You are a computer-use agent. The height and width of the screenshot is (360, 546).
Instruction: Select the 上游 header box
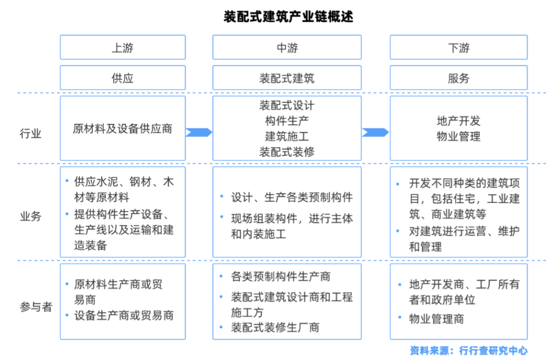pyautogui.click(x=122, y=48)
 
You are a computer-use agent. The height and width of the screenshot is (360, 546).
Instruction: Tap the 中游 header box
pyautogui.click(x=287, y=48)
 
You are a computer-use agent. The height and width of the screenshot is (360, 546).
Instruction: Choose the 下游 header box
pyautogui.click(x=458, y=48)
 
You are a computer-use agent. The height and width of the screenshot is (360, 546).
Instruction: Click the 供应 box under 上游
pyautogui.click(x=122, y=78)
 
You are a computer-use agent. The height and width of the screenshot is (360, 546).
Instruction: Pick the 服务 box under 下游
pyautogui.click(x=458, y=78)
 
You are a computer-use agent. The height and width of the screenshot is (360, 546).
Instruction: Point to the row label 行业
pyautogui.click(x=31, y=133)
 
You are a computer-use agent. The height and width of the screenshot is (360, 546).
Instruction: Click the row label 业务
pyautogui.click(x=31, y=216)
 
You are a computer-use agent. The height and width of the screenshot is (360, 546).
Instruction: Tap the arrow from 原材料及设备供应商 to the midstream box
pyautogui.click(x=199, y=132)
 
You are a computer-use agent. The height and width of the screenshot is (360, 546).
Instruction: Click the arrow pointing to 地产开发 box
pyautogui.click(x=375, y=132)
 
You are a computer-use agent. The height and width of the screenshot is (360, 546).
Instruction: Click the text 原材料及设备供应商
pyautogui.click(x=122, y=129)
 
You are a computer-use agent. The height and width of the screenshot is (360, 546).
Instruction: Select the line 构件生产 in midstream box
pyautogui.click(x=287, y=121)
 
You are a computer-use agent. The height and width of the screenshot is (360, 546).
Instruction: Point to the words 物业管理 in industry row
pyautogui.click(x=458, y=137)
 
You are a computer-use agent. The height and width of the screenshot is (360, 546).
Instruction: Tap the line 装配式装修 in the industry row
pyautogui.click(x=287, y=152)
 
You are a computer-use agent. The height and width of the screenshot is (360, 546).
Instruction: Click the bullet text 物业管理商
pyautogui.click(x=436, y=319)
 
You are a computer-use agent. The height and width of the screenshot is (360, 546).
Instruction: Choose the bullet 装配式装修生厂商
pyautogui.click(x=275, y=327)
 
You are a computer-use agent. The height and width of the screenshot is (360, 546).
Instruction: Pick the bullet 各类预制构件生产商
pyautogui.click(x=281, y=277)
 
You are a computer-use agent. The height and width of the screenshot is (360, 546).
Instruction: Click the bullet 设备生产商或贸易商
pyautogui.click(x=124, y=316)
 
